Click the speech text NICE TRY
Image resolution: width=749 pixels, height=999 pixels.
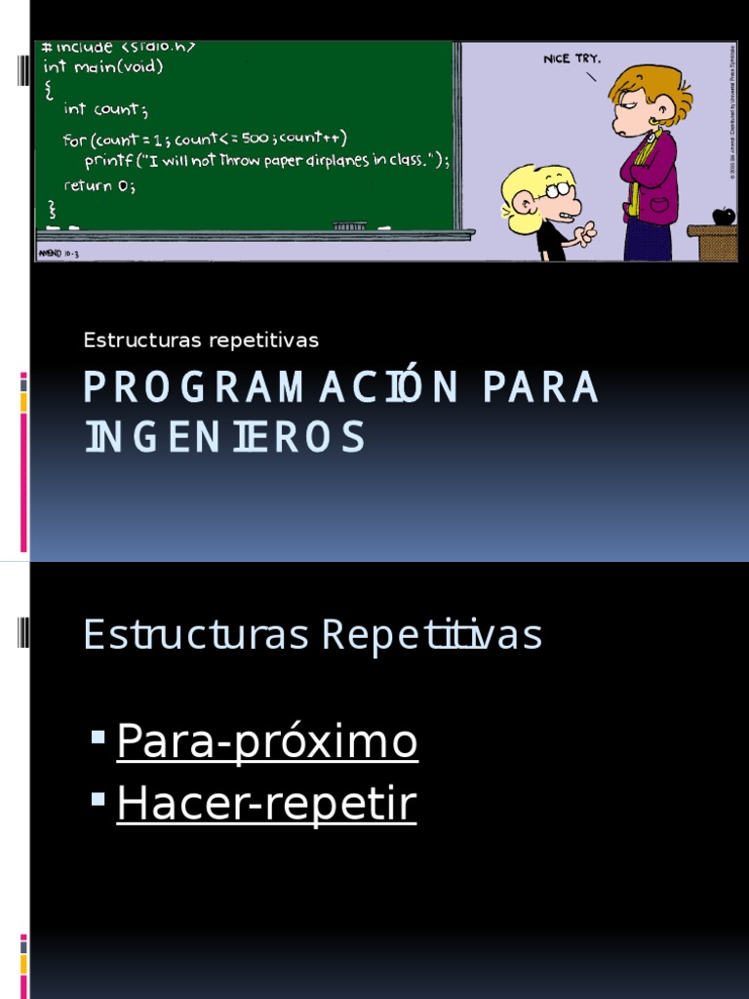[572, 59]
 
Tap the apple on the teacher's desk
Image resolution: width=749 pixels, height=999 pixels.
[723, 216]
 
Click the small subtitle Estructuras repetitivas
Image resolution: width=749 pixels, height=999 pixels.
[201, 340]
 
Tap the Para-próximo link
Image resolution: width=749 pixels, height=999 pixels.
[267, 741]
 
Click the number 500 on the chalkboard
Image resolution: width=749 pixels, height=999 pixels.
[255, 138]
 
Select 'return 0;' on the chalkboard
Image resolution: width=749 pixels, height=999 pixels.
[99, 184]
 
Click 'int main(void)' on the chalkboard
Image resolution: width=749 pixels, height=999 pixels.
[104, 67]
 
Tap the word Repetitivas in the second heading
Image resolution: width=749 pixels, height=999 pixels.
[431, 634]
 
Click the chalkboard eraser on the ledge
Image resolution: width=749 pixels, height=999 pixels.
[348, 225]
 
